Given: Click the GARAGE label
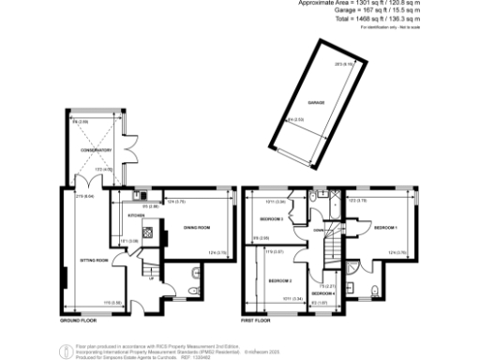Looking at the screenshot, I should [299, 108].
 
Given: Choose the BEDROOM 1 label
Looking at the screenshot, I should [385, 228].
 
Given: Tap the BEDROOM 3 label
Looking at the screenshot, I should [272, 218].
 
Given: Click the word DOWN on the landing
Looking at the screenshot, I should [319, 232].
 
